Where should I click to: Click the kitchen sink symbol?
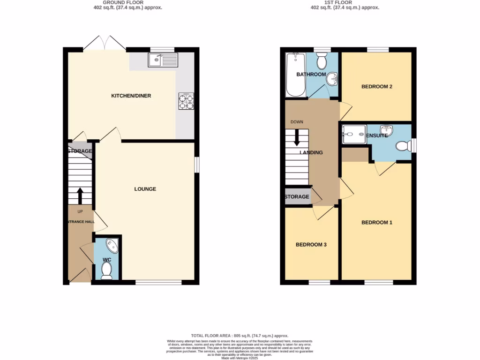(163, 60)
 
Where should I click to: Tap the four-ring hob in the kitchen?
(186, 101)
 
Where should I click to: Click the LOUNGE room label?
(145, 189)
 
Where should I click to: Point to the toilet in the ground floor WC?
(106, 270)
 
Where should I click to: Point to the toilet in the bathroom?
(322, 60)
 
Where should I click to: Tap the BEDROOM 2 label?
(376, 87)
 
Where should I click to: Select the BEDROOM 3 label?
(311, 245)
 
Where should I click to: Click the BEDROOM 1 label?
(376, 223)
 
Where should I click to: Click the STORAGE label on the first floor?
(297, 197)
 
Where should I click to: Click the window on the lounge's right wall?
(196, 165)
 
